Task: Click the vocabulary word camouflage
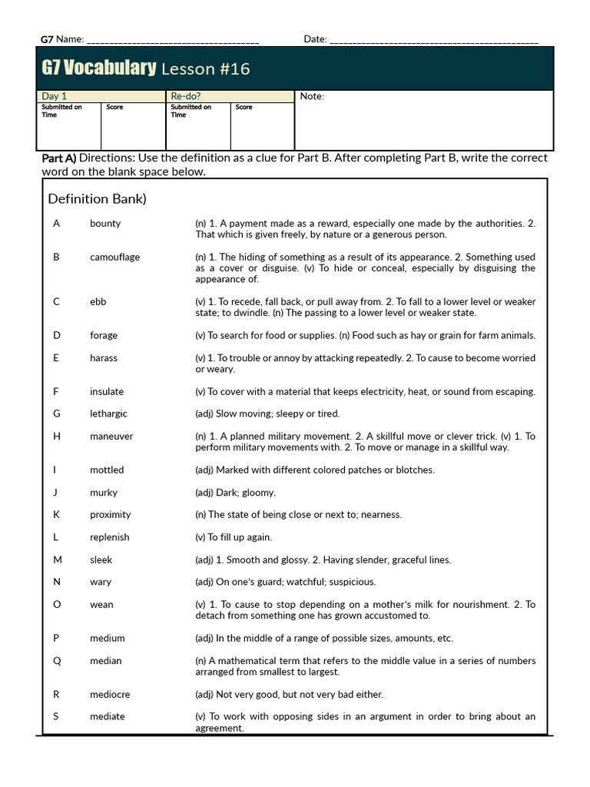pyautogui.click(x=114, y=257)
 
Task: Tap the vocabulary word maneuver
pyautogui.click(x=111, y=436)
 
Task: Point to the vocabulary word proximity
pyautogui.click(x=110, y=514)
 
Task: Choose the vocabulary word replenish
pyautogui.click(x=109, y=537)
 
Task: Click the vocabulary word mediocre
pyautogui.click(x=110, y=694)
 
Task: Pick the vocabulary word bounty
pyautogui.click(x=105, y=223)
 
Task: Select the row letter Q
pyautogui.click(x=56, y=660)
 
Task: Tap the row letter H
pyautogui.click(x=56, y=436)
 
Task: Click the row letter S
pyautogui.click(x=56, y=716)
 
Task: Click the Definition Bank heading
pyautogui.click(x=97, y=199)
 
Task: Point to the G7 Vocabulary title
pyautogui.click(x=98, y=68)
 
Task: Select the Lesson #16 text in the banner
pyautogui.click(x=205, y=69)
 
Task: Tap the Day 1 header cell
pyautogui.click(x=55, y=96)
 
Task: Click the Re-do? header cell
pyautogui.click(x=186, y=96)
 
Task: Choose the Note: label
pyautogui.click(x=312, y=96)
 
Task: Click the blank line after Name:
pyautogui.click(x=173, y=41)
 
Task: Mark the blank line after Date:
pyautogui.click(x=434, y=41)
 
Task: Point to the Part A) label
pyautogui.click(x=58, y=158)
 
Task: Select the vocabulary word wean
pyautogui.click(x=101, y=604)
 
